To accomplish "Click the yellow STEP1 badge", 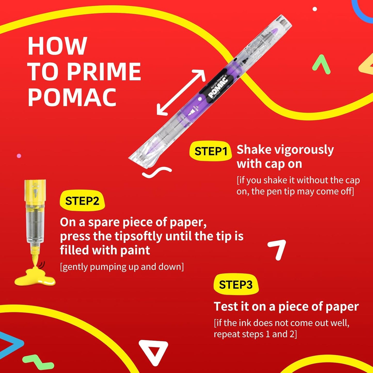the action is (x=210, y=151).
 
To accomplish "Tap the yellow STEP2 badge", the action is (x=82, y=201).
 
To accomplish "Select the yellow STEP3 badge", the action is (x=236, y=284).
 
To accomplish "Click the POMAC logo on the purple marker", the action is (x=218, y=87).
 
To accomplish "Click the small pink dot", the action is (x=19, y=156).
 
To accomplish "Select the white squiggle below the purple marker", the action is (x=157, y=172).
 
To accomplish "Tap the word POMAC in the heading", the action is (x=72, y=97).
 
